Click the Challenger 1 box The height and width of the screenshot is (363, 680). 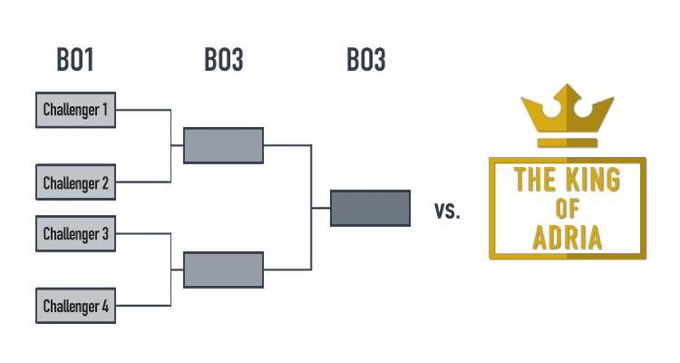(75, 110)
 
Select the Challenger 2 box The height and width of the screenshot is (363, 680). (75, 182)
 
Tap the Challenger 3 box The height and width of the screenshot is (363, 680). (75, 233)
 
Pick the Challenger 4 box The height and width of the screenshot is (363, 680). (75, 306)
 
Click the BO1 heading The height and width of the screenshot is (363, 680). (75, 60)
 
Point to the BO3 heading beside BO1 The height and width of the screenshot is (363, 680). (224, 60)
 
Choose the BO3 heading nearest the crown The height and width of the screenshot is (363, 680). (366, 60)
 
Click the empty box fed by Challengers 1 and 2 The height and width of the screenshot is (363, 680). (223, 145)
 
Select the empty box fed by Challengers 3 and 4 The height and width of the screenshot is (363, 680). (223, 270)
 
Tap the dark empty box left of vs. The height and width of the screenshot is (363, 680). (370, 208)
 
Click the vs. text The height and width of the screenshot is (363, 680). (447, 211)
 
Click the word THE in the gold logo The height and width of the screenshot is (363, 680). (534, 180)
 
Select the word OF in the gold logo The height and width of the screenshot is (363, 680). (568, 209)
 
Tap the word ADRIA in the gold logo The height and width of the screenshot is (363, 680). (568, 238)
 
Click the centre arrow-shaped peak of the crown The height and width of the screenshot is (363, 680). (567, 93)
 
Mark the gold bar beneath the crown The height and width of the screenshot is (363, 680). (568, 142)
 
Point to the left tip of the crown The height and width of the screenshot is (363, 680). (521, 98)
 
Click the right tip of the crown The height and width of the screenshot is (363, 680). (614, 98)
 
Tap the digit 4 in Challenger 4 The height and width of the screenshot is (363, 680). (105, 306)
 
